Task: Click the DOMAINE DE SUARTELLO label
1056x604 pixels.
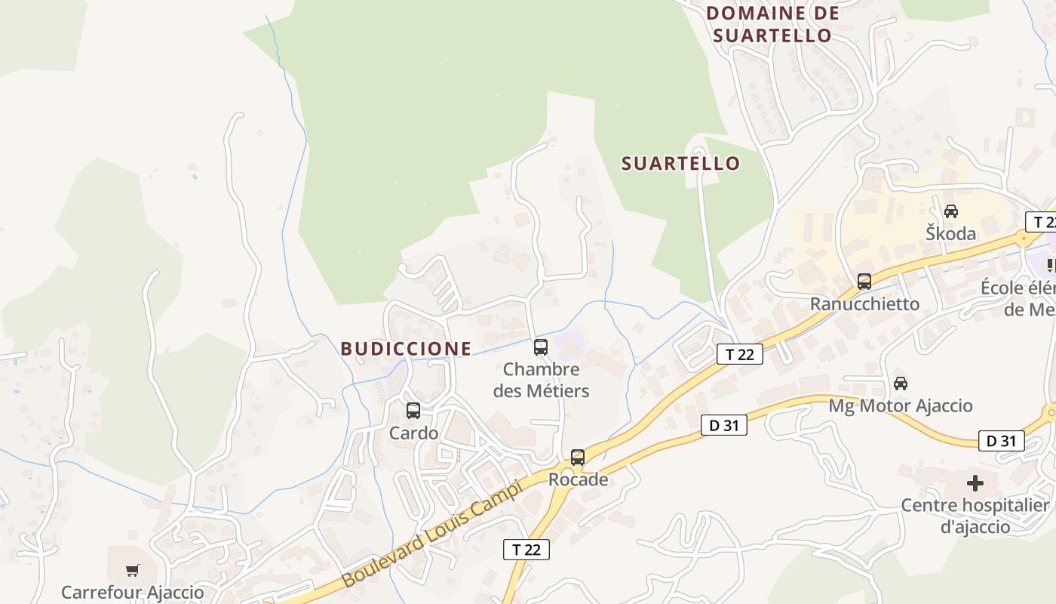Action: click(772, 24)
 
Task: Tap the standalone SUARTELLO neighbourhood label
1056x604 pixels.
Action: click(680, 164)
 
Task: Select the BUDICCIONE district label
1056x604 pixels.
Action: click(406, 349)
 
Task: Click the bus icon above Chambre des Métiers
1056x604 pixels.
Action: click(541, 347)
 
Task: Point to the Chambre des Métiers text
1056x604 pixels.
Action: click(541, 381)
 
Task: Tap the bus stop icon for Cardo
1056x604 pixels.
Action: click(413, 411)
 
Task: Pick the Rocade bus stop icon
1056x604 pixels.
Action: click(578, 457)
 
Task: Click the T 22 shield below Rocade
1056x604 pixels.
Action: click(526, 550)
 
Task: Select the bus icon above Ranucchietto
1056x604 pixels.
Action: click(864, 282)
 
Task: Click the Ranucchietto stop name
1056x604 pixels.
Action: click(864, 304)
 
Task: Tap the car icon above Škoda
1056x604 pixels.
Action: click(951, 211)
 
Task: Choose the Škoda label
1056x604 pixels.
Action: click(951, 233)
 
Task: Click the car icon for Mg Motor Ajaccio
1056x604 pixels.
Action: click(901, 383)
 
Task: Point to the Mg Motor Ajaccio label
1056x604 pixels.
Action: click(901, 406)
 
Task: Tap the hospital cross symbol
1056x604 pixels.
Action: click(975, 482)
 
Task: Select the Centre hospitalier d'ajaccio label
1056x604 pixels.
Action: click(975, 516)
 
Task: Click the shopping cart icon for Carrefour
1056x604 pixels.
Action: click(133, 570)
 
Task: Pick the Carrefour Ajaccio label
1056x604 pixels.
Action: click(133, 593)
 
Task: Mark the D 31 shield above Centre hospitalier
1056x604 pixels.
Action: click(1001, 441)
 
